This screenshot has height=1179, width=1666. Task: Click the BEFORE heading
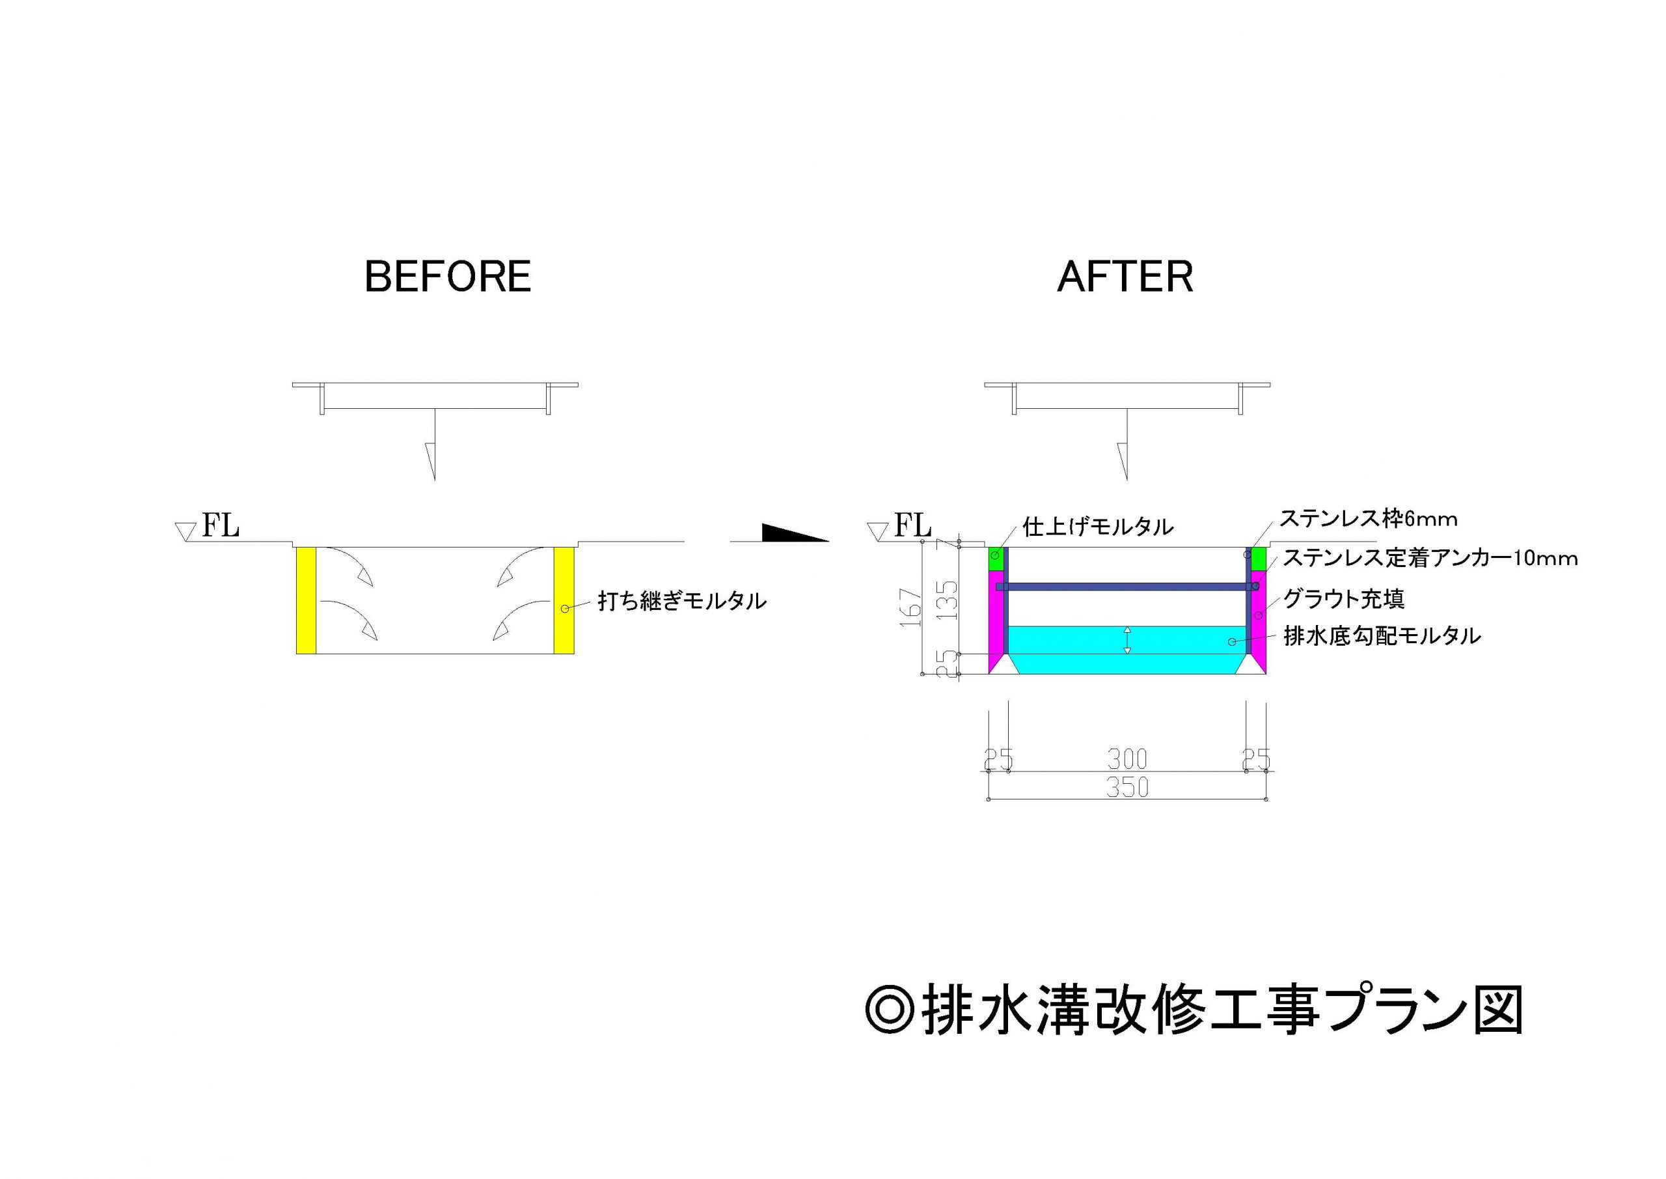(x=448, y=277)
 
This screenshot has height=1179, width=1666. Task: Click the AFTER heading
(x=1125, y=277)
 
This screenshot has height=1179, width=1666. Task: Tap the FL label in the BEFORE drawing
(x=220, y=525)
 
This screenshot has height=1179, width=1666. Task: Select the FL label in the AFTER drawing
(x=912, y=525)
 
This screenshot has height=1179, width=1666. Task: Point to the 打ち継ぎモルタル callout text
(x=681, y=601)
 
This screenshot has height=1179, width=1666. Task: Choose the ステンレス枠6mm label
(x=1368, y=518)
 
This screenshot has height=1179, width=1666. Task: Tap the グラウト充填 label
(x=1344, y=599)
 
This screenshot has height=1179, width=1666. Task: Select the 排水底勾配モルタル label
(x=1382, y=636)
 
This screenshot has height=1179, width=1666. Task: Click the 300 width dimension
(x=1127, y=759)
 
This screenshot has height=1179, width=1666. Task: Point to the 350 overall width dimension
(x=1127, y=788)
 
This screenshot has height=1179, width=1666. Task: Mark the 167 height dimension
(x=910, y=607)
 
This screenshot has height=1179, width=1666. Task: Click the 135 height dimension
(x=948, y=600)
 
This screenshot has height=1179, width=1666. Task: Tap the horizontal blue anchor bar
(x=1125, y=587)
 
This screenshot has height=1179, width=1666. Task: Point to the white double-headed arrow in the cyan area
(x=1127, y=639)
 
